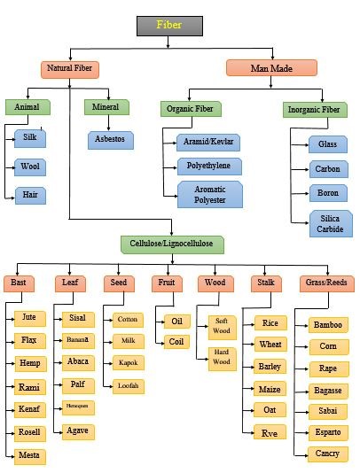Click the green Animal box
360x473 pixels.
[27, 107]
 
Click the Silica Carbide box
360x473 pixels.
[329, 223]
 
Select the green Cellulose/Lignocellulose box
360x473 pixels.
[173, 243]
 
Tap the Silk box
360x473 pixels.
[30, 138]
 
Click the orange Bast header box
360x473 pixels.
[19, 283]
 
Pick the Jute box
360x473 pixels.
[30, 316]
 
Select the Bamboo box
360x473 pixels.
[327, 325]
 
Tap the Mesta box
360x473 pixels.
[30, 457]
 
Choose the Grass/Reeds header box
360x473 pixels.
[326, 283]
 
